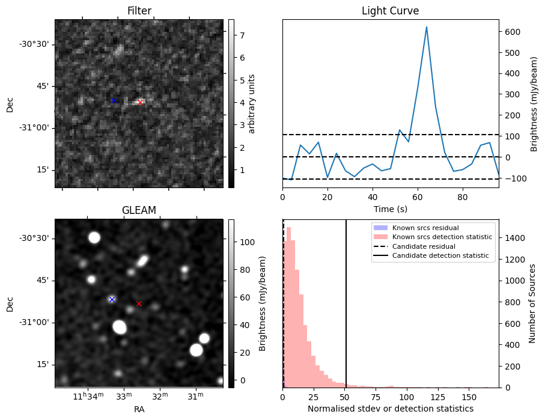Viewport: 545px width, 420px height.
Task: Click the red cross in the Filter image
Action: tap(140, 102)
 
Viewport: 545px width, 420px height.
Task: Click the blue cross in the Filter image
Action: tap(114, 100)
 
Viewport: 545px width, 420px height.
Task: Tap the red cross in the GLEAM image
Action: tap(139, 303)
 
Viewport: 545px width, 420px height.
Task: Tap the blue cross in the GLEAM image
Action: tap(112, 299)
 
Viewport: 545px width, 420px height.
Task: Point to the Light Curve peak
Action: tap(427, 27)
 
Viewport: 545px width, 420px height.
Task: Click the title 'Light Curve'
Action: tap(390, 11)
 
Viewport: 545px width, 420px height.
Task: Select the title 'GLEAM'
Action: tap(139, 210)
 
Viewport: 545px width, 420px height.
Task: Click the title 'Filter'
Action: tap(139, 11)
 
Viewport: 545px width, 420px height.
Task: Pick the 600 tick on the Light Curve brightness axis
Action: tap(510, 32)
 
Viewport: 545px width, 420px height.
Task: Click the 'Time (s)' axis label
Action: tap(390, 208)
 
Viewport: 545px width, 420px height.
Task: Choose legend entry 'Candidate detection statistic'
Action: tap(442, 256)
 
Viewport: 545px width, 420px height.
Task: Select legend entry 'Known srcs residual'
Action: tap(425, 228)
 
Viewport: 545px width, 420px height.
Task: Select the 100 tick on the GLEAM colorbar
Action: tap(244, 242)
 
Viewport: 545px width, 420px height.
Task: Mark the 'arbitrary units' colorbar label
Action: tap(252, 103)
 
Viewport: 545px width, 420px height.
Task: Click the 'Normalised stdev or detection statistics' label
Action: tap(390, 409)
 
